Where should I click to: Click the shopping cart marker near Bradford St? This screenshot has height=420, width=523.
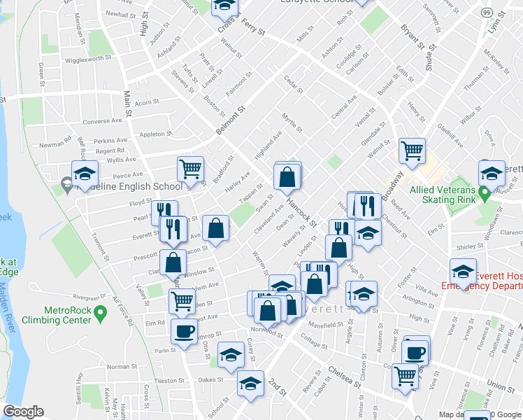click(x=190, y=168)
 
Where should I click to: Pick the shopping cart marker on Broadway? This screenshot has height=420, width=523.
click(x=412, y=150)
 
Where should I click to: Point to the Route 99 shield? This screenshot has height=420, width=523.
click(x=487, y=13)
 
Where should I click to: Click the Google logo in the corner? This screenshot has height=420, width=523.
click(x=24, y=411)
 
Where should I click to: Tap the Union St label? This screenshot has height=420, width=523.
click(x=501, y=385)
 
